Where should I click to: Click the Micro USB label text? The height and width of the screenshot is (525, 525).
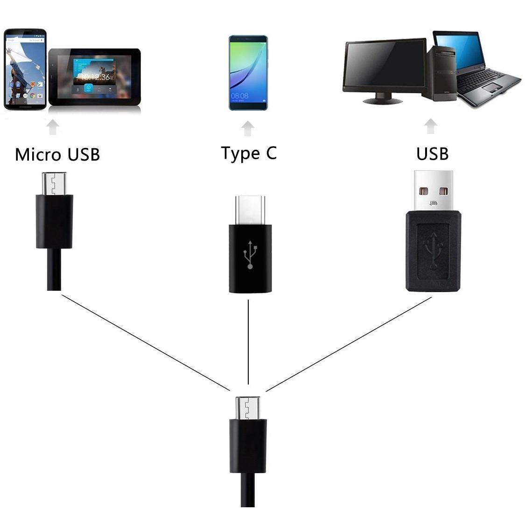tap(57, 154)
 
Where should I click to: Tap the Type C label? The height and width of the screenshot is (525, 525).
tap(249, 154)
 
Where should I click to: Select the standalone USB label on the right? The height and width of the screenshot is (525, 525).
tap(432, 154)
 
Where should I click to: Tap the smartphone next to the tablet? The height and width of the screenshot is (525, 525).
tap(25, 70)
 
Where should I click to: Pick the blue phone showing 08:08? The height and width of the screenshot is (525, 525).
tap(248, 73)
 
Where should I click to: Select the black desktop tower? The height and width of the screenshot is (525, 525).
tap(441, 73)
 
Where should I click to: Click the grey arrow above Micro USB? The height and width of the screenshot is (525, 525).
tap(53, 127)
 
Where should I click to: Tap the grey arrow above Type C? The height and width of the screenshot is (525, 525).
tap(247, 129)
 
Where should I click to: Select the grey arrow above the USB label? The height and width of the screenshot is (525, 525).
tap(431, 126)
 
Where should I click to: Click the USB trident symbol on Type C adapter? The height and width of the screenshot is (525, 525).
tap(250, 254)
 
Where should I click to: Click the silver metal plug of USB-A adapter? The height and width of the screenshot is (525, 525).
tap(433, 191)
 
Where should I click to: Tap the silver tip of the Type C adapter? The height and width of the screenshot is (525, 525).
tap(250, 210)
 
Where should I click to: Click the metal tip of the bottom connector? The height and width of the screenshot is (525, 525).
tap(248, 408)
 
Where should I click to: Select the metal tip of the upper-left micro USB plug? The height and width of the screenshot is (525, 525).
tap(54, 183)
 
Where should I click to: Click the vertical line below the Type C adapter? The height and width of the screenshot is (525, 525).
tap(248, 342)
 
